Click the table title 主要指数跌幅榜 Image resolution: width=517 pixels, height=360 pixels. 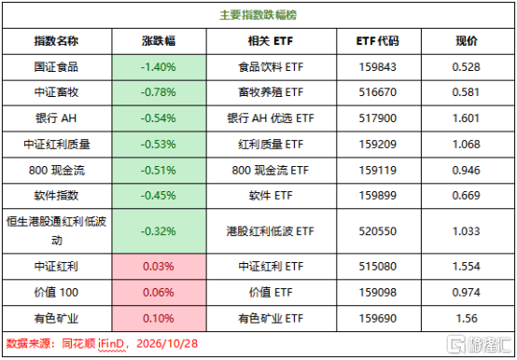click(x=258, y=15)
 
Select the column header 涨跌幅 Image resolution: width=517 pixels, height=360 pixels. click(x=159, y=41)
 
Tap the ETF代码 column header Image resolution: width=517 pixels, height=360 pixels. click(x=378, y=41)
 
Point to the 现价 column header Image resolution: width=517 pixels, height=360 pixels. click(x=467, y=41)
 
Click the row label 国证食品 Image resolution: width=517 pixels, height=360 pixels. click(x=56, y=67)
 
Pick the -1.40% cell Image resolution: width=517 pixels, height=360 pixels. click(x=159, y=67)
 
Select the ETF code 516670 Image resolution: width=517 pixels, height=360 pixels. click(x=378, y=92)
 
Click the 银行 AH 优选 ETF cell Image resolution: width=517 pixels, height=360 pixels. click(x=271, y=118)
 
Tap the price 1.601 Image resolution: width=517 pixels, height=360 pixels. click(x=467, y=118)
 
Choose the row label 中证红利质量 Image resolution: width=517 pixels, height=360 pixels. click(x=57, y=145)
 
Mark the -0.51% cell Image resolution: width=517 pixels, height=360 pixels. click(x=159, y=171)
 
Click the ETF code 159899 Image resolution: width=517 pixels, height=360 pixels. click(x=378, y=196)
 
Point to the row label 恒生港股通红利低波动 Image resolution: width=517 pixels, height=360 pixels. click(x=56, y=231)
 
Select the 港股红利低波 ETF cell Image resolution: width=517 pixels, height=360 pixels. click(x=271, y=231)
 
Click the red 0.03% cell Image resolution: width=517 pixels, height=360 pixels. click(x=159, y=267)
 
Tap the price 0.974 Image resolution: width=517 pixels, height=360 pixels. click(x=467, y=293)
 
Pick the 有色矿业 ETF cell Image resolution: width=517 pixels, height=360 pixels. click(x=271, y=319)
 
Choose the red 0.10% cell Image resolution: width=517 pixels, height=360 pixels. click(x=159, y=319)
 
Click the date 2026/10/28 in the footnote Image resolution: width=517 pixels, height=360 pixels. click(x=167, y=344)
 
